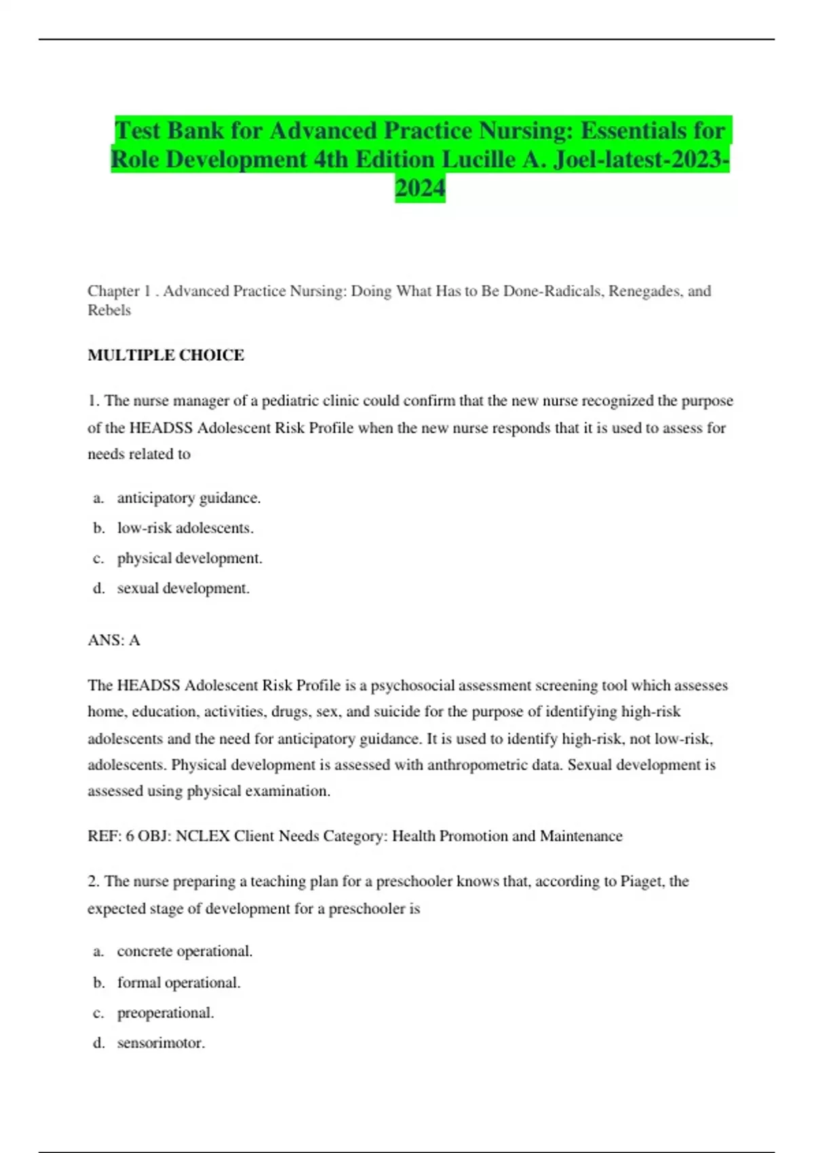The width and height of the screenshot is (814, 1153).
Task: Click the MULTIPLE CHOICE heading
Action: (x=166, y=355)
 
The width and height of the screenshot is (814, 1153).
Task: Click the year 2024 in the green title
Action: (x=420, y=188)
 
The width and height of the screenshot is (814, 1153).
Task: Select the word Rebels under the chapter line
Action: (x=109, y=311)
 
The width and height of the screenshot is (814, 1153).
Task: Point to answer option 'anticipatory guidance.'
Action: (x=189, y=499)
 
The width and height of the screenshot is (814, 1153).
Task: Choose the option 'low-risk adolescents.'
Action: (x=185, y=528)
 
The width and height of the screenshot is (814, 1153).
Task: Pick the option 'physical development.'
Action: (x=189, y=558)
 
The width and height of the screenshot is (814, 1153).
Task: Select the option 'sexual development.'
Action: (x=183, y=589)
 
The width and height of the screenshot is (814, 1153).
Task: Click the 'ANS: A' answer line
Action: (x=114, y=640)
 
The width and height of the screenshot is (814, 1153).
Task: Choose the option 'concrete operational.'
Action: (x=185, y=952)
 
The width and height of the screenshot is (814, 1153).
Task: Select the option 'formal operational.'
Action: (x=178, y=983)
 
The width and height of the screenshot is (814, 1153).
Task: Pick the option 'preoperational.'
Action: (x=166, y=1013)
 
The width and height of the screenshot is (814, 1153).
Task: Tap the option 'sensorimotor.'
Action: (x=161, y=1043)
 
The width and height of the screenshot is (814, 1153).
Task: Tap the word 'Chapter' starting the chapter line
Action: (x=113, y=291)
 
